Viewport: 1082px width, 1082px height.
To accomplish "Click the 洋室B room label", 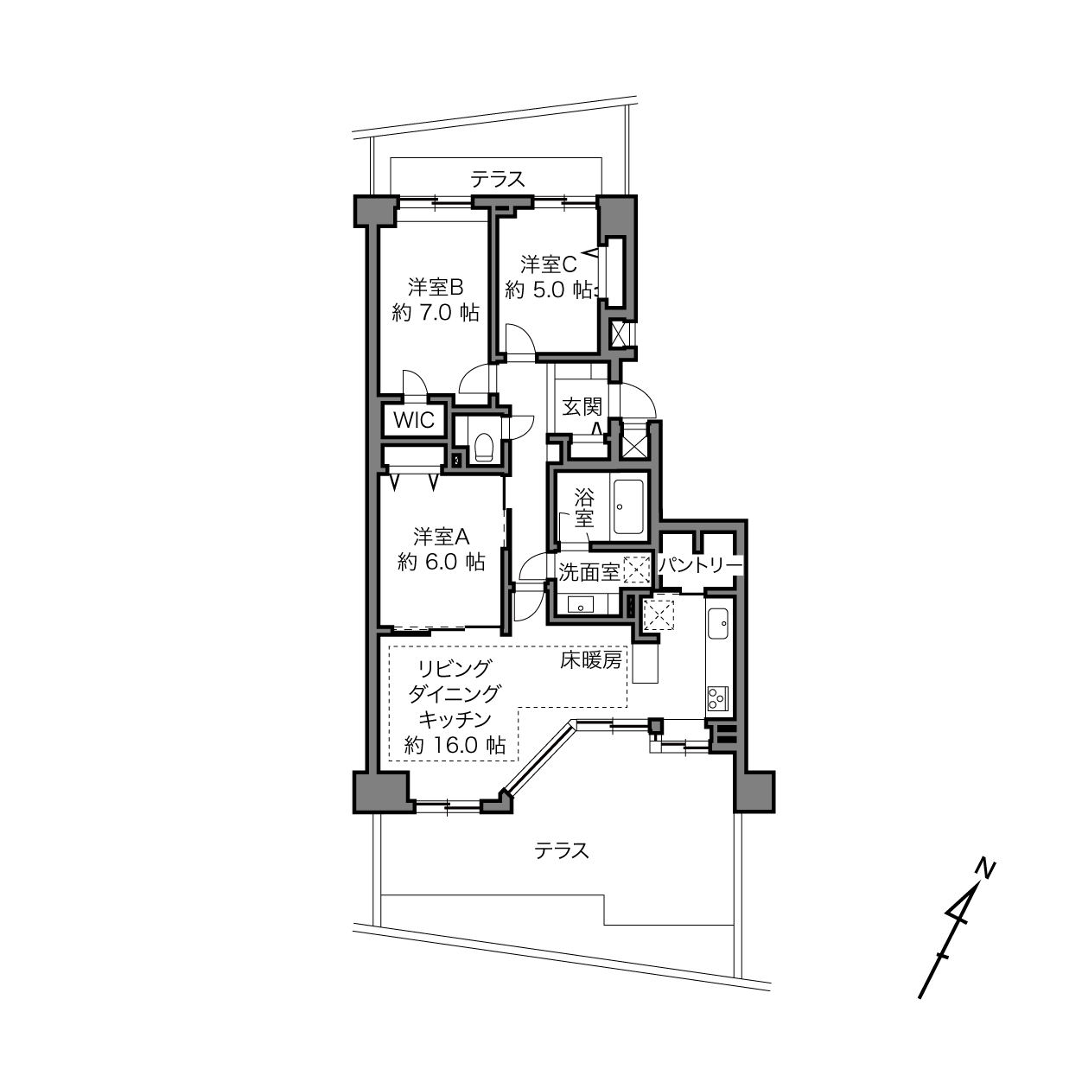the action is [436, 287].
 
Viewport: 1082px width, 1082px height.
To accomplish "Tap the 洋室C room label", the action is [548, 264].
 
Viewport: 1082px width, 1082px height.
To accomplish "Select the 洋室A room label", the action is [442, 537].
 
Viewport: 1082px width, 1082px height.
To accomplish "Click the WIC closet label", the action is [414, 419].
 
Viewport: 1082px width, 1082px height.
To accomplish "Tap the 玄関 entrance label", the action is [582, 406].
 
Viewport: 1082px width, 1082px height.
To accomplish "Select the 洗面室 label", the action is [589, 571].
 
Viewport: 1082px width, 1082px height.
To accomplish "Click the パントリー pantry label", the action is [700, 565].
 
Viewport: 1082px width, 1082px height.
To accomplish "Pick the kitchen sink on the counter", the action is [718, 623].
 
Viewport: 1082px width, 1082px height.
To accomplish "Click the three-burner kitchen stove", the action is [717, 699].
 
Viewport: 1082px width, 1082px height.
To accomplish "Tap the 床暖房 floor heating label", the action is [590, 661].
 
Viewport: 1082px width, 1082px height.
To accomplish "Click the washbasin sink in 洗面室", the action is [581, 605].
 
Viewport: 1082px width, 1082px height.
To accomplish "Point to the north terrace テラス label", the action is [498, 180].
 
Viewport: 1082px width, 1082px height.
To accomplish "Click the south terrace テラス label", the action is [562, 850].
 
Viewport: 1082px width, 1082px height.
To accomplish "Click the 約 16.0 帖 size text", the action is [455, 745].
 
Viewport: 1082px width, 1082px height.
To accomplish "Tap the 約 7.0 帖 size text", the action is [436, 312].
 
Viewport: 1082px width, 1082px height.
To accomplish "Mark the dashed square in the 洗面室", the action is [637, 569].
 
